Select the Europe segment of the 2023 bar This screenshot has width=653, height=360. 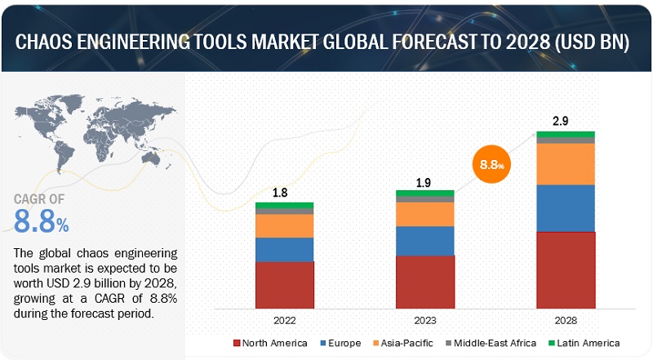424,241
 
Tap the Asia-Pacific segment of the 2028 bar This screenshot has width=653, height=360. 566,163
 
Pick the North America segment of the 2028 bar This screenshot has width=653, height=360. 566,270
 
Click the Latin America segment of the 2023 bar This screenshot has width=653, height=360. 424,193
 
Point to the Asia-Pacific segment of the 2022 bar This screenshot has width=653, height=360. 284,226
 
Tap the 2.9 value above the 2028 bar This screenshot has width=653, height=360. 561,121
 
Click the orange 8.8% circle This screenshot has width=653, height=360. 491,164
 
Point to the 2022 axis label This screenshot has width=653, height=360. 284,322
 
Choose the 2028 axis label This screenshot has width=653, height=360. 566,322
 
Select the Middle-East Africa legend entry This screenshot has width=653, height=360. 491,344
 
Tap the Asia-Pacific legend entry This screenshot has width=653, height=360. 405,344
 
